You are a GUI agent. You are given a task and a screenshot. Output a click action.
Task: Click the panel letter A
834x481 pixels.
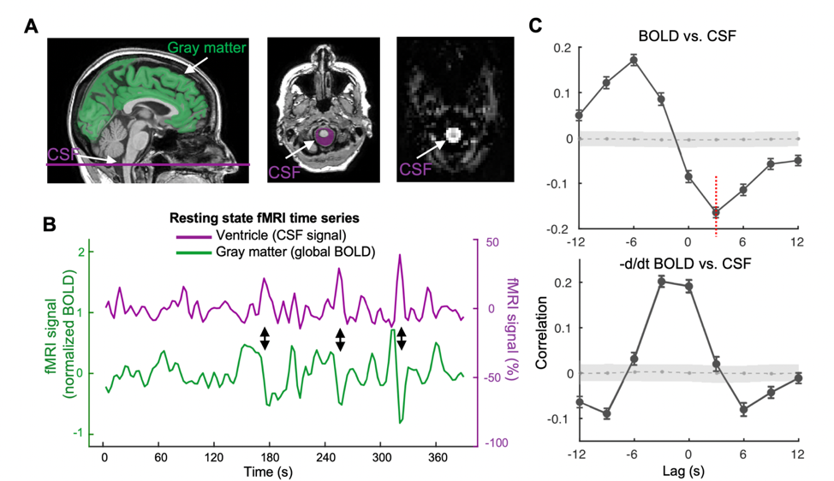coord(31,27)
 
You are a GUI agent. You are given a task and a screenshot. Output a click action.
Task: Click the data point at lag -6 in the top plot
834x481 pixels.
coord(634,60)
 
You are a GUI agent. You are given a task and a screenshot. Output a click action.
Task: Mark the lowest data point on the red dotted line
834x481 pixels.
coord(716,211)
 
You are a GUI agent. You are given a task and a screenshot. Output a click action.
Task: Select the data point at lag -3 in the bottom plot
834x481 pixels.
coord(661,281)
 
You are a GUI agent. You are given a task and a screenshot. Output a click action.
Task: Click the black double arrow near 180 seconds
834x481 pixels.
coord(265,338)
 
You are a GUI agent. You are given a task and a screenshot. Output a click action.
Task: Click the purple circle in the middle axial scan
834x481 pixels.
coord(324,137)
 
